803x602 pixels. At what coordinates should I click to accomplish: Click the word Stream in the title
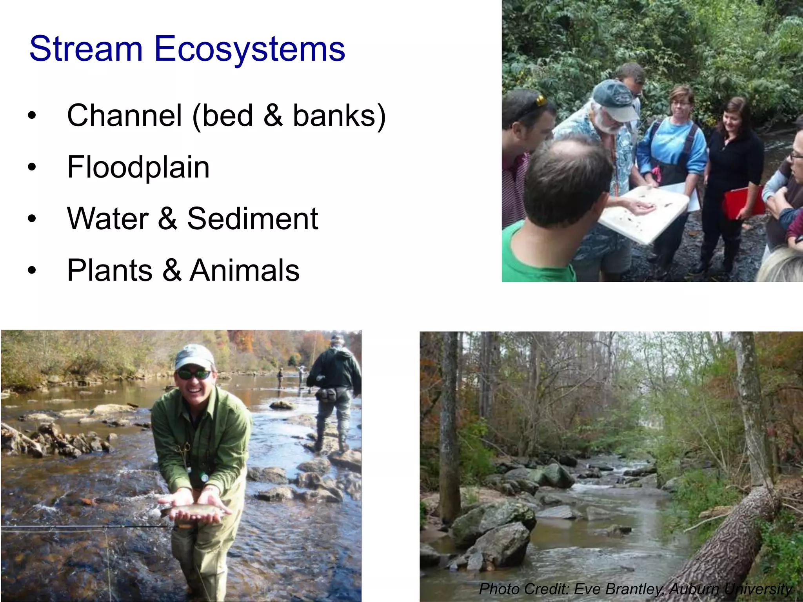pos(85,49)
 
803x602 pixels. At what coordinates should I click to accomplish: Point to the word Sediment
pos(253,219)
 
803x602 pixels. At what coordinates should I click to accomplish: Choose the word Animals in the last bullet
pos(245,270)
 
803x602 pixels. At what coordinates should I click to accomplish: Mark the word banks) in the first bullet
pos(339,116)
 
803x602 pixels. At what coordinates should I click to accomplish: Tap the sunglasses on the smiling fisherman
pos(194,374)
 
